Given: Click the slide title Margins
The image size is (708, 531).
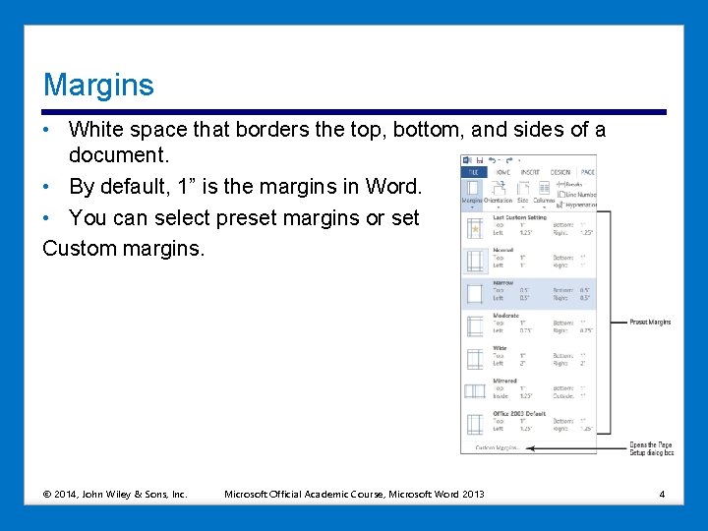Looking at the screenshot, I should click(98, 85).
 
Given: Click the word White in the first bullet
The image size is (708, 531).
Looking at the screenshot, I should click(94, 130).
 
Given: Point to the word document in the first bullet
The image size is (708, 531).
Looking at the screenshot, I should click(118, 154).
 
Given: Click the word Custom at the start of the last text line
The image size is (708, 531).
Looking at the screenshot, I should click(80, 248).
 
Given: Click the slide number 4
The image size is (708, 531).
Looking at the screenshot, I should click(662, 493).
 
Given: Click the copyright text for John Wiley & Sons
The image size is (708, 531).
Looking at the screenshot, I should click(115, 493).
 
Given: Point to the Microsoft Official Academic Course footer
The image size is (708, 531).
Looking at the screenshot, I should click(354, 493).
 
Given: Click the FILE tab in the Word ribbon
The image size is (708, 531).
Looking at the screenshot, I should click(472, 172).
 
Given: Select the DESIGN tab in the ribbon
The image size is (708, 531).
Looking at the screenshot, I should click(560, 172).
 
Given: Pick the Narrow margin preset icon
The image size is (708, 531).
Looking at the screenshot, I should click(476, 293).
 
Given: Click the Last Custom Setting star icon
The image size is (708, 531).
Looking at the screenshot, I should click(476, 228).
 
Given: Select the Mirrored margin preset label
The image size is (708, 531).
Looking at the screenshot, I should click(504, 381).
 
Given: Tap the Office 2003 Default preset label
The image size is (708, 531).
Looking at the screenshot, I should click(519, 413).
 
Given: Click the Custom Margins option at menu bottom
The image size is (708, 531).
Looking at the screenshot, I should click(498, 447).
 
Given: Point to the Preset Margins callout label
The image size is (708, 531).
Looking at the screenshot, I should click(650, 322).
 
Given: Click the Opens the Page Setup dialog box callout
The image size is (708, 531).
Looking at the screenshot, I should click(651, 448).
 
